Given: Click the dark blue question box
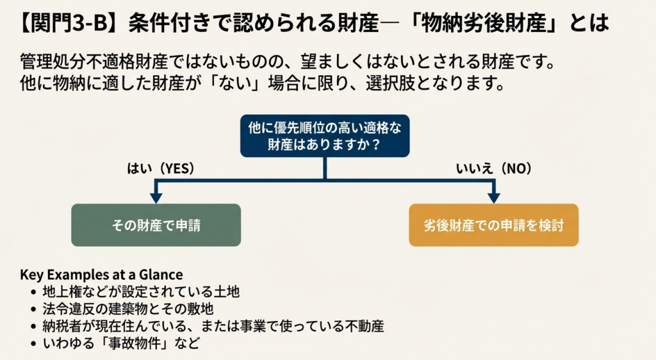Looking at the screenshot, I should click(325, 135).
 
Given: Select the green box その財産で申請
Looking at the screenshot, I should click(156, 225).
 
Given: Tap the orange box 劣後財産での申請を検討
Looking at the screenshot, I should click(493, 225).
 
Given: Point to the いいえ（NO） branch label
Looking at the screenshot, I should click(494, 168).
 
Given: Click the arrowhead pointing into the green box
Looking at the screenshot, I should click(156, 196).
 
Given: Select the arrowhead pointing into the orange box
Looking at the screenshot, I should click(493, 196).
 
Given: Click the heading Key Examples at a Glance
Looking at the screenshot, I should click(101, 275).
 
